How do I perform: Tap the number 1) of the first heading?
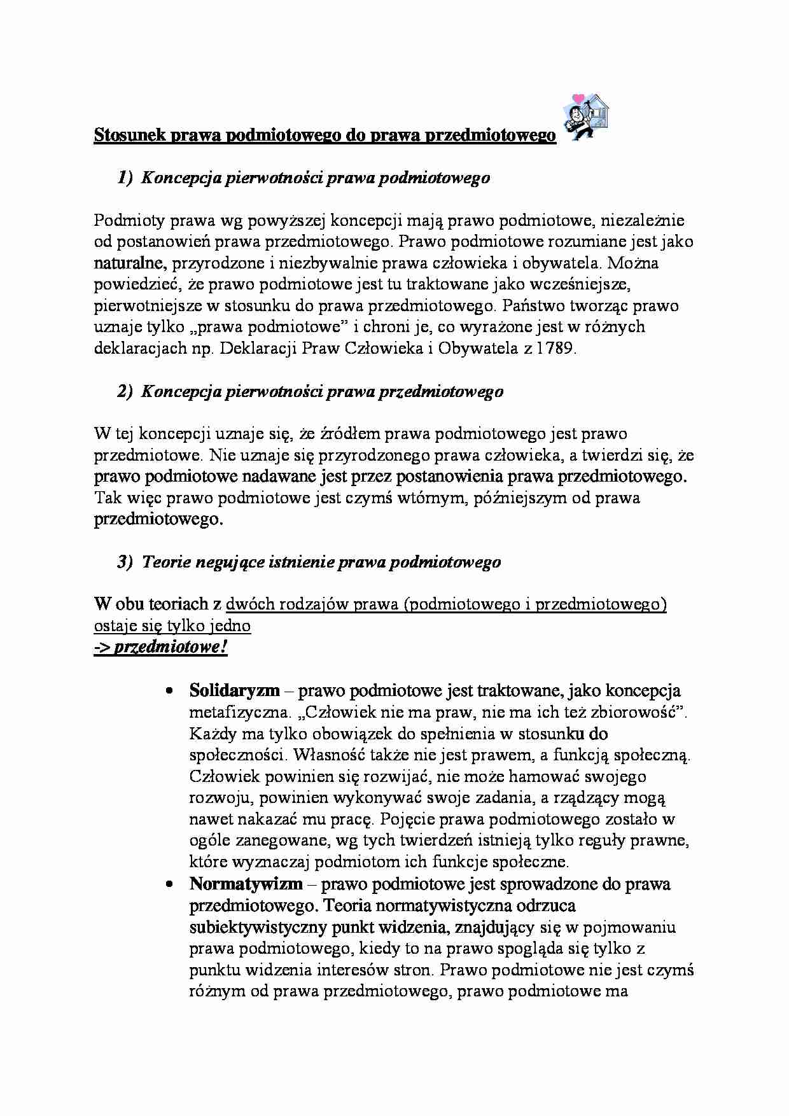[x=125, y=178]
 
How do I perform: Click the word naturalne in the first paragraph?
[x=130, y=263]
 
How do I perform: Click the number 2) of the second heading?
[x=125, y=392]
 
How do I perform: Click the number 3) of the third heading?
[x=125, y=562]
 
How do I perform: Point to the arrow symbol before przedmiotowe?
[x=102, y=648]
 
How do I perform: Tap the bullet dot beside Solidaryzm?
[x=169, y=692]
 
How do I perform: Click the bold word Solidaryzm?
[x=234, y=691]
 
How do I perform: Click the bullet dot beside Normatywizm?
[x=169, y=885]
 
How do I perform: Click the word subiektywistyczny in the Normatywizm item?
[x=258, y=927]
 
